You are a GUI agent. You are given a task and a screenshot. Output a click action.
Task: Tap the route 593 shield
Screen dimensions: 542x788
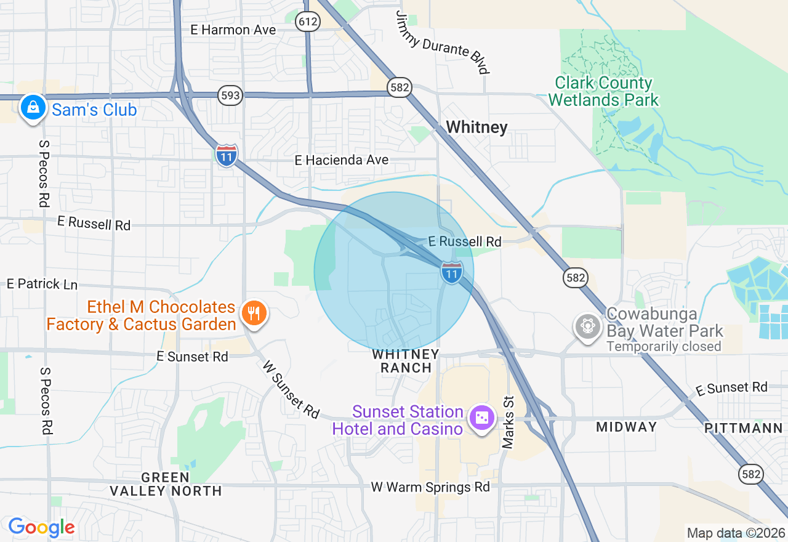[x=230, y=95]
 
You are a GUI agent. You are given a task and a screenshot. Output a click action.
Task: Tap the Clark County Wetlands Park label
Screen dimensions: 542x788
[x=603, y=91]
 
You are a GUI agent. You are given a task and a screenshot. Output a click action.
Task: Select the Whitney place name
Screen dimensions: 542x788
[x=476, y=127]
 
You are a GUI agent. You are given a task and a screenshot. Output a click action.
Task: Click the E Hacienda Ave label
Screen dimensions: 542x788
[x=341, y=160]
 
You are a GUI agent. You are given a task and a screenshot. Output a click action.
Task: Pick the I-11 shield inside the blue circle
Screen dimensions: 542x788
[x=451, y=272]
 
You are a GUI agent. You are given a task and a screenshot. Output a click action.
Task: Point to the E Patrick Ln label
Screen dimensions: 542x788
[x=42, y=284]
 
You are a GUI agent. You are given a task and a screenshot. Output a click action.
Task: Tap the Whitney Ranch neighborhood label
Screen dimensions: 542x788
[x=406, y=361]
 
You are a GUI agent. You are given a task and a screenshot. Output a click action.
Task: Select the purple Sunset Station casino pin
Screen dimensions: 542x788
[x=481, y=418]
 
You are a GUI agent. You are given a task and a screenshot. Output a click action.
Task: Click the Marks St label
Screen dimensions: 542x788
[x=508, y=422]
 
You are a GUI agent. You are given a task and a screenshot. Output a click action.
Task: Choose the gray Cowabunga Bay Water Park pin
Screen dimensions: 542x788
[x=587, y=326]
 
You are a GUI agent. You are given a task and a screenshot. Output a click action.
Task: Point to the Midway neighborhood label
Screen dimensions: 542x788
[x=626, y=426]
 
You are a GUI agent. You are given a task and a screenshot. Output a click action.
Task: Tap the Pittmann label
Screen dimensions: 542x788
[x=744, y=428]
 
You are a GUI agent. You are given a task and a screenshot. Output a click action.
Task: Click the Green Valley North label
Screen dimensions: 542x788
[x=166, y=484]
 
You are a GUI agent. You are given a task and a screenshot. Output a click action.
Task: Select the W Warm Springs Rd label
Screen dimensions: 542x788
[x=430, y=487]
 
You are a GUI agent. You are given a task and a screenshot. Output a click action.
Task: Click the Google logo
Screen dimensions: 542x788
[x=41, y=527]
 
